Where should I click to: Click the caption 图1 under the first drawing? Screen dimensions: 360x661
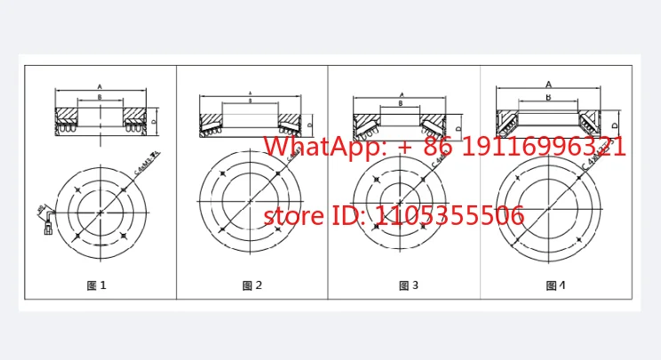tap(97, 285)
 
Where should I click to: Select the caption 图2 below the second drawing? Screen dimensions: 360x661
tap(252, 285)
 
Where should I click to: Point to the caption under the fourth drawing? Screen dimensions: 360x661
tap(555, 285)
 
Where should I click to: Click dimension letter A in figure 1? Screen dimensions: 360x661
tap(100, 86)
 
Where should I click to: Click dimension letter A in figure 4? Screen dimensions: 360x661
tap(548, 84)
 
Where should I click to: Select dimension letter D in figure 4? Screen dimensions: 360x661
tap(616, 125)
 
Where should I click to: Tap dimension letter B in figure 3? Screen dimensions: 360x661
tap(402, 103)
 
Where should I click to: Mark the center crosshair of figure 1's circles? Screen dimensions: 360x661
tap(100, 213)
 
